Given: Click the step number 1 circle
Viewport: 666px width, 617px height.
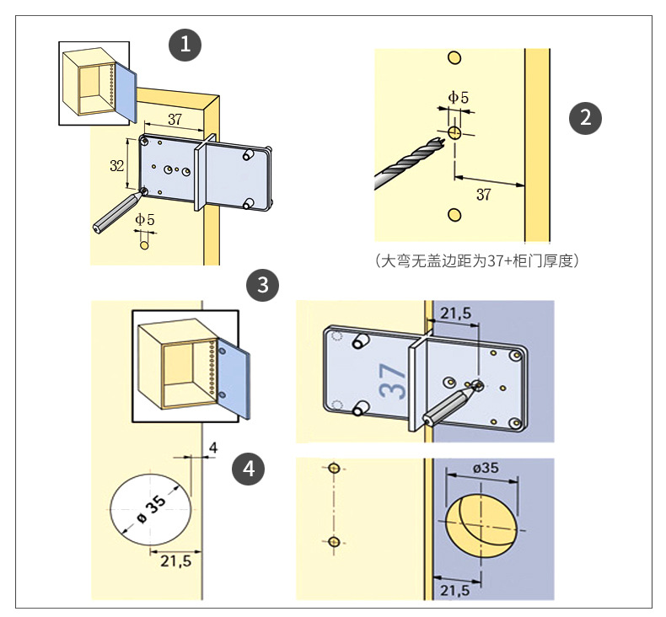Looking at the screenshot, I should [185, 45].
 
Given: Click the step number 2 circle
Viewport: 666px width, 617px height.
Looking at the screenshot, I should [585, 117].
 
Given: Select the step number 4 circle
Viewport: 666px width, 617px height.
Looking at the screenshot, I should [249, 468].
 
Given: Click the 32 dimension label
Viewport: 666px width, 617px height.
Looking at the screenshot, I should [117, 165].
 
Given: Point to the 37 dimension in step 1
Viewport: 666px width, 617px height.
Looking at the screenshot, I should [175, 119].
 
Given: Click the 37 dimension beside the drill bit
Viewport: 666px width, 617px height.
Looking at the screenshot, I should [483, 196].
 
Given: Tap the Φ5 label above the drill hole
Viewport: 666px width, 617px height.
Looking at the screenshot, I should [458, 98].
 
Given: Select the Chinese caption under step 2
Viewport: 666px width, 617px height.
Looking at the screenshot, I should [477, 260].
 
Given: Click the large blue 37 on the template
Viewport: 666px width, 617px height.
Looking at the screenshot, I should [393, 379].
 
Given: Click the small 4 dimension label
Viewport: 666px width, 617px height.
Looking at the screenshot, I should [212, 447].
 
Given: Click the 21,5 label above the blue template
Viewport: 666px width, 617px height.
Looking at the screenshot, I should [455, 314].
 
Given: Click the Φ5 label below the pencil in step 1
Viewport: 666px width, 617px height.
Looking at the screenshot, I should [146, 220].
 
